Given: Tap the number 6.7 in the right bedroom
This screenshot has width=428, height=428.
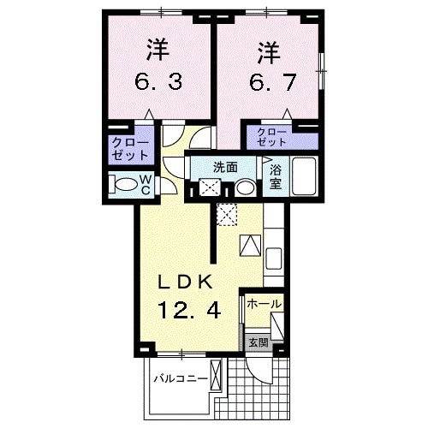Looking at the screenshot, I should [269, 83].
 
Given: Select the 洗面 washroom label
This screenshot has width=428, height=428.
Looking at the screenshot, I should [226, 167].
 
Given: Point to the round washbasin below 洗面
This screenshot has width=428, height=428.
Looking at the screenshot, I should [245, 188].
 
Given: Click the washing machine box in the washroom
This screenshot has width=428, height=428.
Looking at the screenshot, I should [208, 188].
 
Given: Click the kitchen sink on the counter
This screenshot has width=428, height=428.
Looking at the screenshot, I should [275, 256].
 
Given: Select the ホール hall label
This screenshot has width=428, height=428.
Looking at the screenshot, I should [264, 305].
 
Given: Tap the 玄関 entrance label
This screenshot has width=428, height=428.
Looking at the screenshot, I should [258, 342].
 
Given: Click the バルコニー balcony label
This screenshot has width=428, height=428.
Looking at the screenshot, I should [181, 377].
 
